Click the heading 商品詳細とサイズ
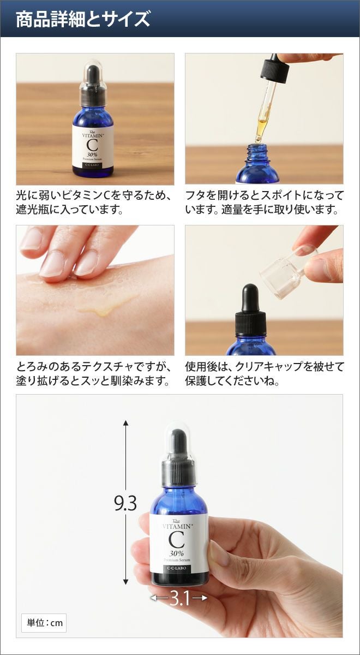tap(83, 19)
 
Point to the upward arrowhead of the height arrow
tap(125, 423)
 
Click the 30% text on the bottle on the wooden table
tap(92, 154)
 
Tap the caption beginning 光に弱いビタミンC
tap(94, 202)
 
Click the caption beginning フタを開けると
tap(265, 202)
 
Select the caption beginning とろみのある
tap(94, 374)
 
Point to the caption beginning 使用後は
tap(265, 374)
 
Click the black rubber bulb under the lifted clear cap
tap(250, 298)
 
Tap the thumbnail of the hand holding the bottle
tap(179, 516)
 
